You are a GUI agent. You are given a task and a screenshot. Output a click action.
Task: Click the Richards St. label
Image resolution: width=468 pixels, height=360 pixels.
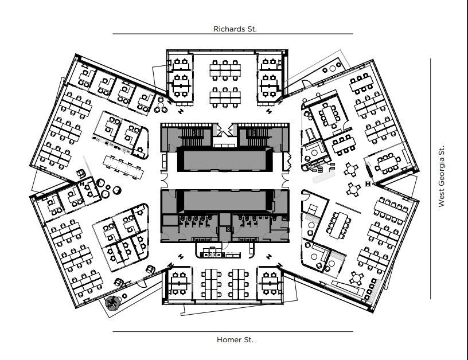click(235, 28)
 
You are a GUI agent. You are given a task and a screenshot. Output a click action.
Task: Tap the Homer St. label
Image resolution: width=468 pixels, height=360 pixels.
click(235, 339)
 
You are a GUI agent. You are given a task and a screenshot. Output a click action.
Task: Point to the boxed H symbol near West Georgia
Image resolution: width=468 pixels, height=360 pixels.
click(367, 183)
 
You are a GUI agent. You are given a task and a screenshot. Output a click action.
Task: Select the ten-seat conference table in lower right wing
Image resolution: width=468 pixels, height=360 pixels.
click(338, 224)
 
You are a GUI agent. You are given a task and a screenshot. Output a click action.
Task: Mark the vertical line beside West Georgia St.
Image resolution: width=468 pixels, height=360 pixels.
click(431, 178)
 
